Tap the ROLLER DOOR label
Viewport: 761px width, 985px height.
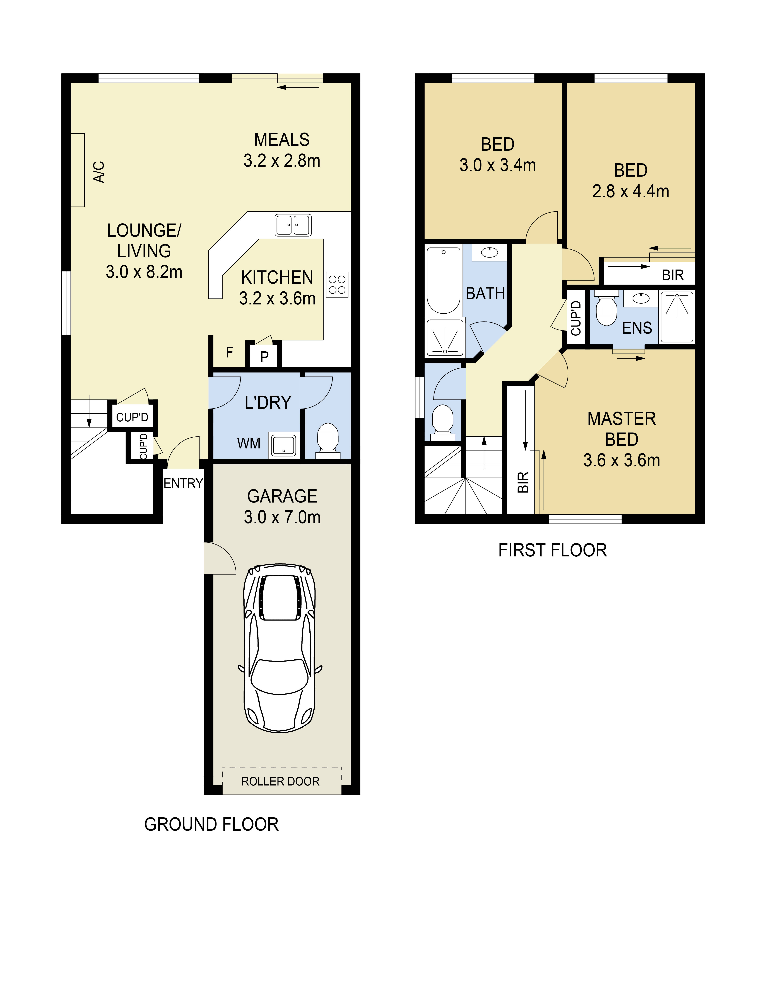(x=280, y=781)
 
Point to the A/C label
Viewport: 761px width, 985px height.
(x=99, y=172)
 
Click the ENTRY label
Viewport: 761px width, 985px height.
(x=183, y=484)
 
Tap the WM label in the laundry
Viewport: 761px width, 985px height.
(x=249, y=443)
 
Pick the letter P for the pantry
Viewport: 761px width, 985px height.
(x=265, y=357)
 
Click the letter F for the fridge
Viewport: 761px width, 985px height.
(x=230, y=352)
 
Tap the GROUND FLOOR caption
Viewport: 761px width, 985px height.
(x=211, y=824)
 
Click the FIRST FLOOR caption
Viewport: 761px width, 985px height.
(x=553, y=550)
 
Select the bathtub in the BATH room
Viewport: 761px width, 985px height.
(x=444, y=280)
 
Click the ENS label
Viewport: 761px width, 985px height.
(x=637, y=328)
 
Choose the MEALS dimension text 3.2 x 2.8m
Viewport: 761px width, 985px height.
(x=282, y=161)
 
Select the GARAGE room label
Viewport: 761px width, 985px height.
(x=282, y=496)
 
